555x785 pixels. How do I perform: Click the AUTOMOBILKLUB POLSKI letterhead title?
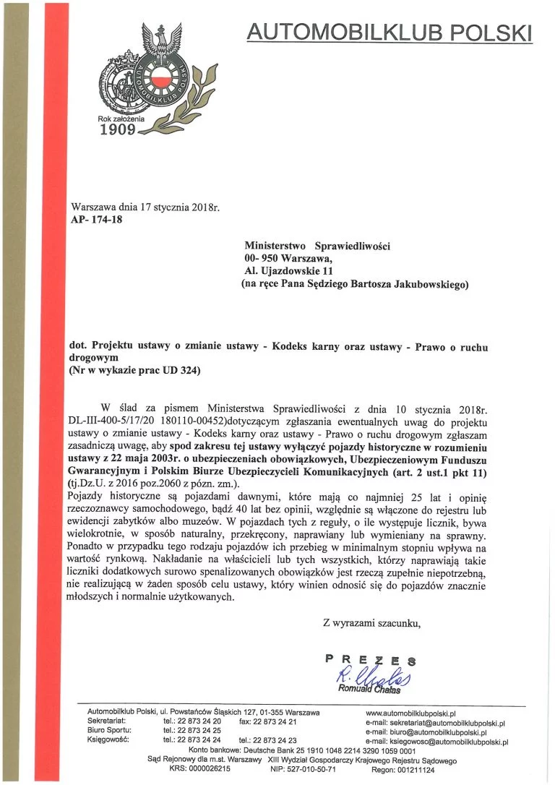tap(389, 32)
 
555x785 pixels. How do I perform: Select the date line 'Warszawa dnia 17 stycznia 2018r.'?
tap(145, 208)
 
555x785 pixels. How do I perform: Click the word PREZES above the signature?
tap(371, 659)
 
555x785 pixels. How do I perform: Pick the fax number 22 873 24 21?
tap(279, 722)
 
